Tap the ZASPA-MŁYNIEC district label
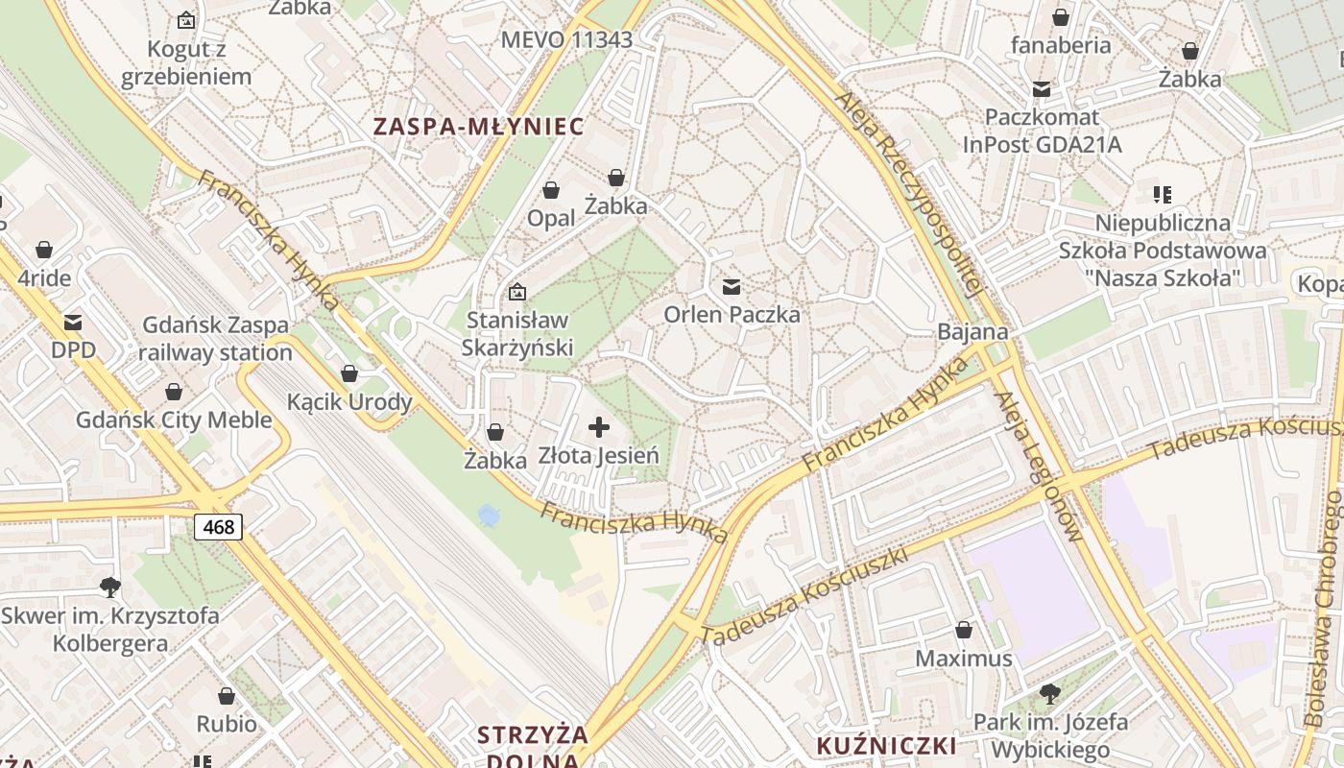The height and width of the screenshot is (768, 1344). [x=478, y=127]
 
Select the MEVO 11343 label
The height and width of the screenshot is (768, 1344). [x=566, y=40]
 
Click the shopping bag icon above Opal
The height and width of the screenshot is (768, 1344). [x=551, y=190]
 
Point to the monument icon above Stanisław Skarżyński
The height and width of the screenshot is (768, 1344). [x=516, y=291]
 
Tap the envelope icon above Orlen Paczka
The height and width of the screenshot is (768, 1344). [x=732, y=286]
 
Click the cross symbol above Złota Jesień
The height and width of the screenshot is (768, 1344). [x=599, y=427]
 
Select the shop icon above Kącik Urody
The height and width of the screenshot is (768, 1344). [x=349, y=373]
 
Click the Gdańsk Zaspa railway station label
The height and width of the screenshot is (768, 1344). [x=215, y=339]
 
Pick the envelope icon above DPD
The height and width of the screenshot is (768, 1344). [x=73, y=323]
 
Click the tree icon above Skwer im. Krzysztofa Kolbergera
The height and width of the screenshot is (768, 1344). [x=110, y=587]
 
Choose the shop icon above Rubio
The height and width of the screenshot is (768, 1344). [x=227, y=696]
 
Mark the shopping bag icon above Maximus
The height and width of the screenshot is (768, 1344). [x=964, y=631]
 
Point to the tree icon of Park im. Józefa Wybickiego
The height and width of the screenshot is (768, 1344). [x=1050, y=693]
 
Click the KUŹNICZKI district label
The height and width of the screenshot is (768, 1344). [x=886, y=746]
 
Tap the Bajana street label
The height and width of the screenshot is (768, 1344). [x=973, y=332]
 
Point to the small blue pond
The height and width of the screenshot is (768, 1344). [x=489, y=516]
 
